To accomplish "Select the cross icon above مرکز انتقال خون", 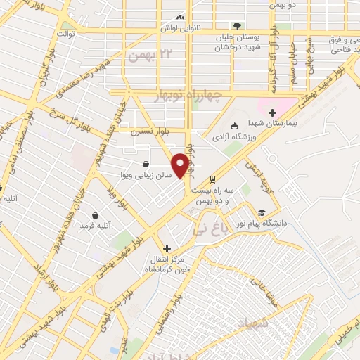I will (x=167, y=248).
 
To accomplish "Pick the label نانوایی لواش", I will (x=179, y=27).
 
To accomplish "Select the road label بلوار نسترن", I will (x=150, y=131).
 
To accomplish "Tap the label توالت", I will (x=65, y=33).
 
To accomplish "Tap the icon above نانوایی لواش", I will (x=181, y=17).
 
